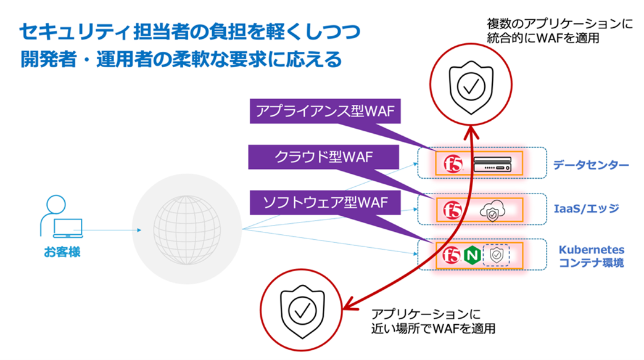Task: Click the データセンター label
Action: pos(590,165)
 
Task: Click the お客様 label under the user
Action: pos(62,252)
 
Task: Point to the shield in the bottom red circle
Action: pos(300,312)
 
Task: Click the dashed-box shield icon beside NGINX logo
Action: pos(496,255)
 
